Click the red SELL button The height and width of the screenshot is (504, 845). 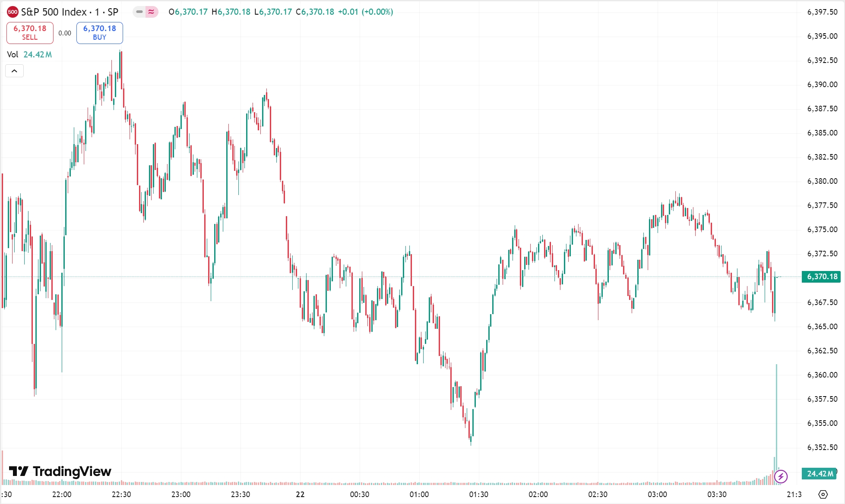pyautogui.click(x=30, y=33)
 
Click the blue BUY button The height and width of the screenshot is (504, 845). pyautogui.click(x=99, y=33)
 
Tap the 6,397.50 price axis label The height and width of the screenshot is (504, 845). pyautogui.click(x=822, y=12)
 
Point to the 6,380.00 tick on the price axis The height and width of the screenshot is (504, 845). pyautogui.click(x=822, y=181)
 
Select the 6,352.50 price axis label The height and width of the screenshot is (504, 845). pyautogui.click(x=822, y=447)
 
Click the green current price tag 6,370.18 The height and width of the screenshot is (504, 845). pyautogui.click(x=821, y=277)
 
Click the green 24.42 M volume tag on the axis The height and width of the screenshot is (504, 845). pyautogui.click(x=820, y=473)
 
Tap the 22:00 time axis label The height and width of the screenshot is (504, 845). pyautogui.click(x=62, y=495)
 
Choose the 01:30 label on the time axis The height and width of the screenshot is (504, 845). pyautogui.click(x=478, y=495)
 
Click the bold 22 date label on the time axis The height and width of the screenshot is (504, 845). pyautogui.click(x=300, y=495)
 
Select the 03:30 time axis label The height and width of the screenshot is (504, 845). pyautogui.click(x=717, y=495)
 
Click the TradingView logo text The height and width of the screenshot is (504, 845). pyautogui.click(x=60, y=471)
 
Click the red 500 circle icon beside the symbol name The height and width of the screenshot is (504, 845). pyautogui.click(x=13, y=12)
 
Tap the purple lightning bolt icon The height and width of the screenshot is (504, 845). pyautogui.click(x=781, y=477)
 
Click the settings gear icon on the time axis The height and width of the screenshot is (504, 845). pyautogui.click(x=823, y=495)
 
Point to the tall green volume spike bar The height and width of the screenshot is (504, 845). pyautogui.click(x=776, y=414)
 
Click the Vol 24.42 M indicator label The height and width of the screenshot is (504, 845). pyautogui.click(x=29, y=54)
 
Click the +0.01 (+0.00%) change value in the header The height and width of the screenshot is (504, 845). pyautogui.click(x=365, y=12)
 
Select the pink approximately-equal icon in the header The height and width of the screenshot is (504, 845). pyautogui.click(x=151, y=12)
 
